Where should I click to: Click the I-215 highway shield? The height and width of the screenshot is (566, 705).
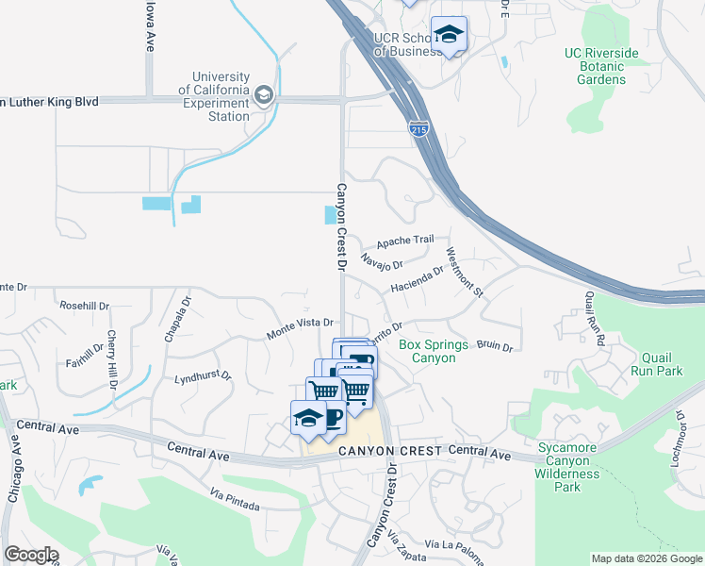pyautogui.click(x=419, y=128)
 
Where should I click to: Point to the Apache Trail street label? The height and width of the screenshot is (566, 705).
pyautogui.click(x=405, y=241)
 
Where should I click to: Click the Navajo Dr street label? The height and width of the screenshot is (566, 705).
pyautogui.click(x=382, y=259)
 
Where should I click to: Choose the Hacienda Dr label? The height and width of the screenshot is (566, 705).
pyautogui.click(x=417, y=279)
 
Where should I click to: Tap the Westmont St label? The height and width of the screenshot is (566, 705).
pyautogui.click(x=465, y=273)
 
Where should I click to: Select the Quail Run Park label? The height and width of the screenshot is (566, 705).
pyautogui.click(x=644, y=364)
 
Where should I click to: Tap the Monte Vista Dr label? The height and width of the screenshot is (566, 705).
pyautogui.click(x=301, y=328)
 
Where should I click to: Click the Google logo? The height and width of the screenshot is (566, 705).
pyautogui.click(x=31, y=555)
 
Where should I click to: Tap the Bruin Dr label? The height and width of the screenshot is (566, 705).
pyautogui.click(x=494, y=346)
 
